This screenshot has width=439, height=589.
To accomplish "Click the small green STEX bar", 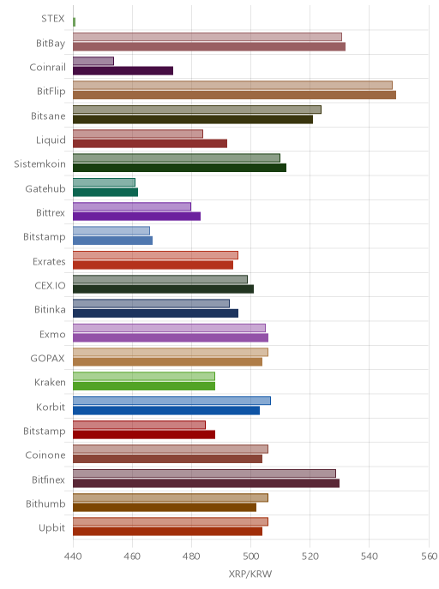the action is point(74,22).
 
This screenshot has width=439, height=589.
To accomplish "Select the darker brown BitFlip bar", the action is point(234,95).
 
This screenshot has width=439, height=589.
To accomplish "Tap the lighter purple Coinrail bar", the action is point(93,62).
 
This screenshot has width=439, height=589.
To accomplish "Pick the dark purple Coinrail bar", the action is point(123,70).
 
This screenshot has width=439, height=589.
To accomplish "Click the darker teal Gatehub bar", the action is point(105,193).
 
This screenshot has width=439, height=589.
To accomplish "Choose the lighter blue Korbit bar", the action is point(172,401).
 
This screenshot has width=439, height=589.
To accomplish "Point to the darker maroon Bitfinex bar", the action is point(206,484).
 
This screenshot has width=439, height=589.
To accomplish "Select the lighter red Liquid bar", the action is point(138,134).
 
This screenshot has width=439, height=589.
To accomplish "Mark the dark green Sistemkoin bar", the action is point(179,168).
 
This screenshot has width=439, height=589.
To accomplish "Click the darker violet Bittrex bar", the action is point(136,217).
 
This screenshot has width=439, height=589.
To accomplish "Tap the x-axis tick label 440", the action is point(73,556).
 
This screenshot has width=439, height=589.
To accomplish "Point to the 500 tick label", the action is point(250,556).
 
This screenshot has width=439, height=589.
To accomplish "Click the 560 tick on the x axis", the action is point(429,556).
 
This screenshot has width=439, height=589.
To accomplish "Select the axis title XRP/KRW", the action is point(250,574).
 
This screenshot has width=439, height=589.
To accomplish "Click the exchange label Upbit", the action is point(52,528).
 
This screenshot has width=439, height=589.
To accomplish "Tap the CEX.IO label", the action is point(50,286).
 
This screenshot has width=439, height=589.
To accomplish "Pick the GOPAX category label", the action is point(47,359).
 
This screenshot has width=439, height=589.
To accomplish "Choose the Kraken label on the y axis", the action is point(50,383).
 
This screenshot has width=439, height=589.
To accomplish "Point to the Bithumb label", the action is point(45,503).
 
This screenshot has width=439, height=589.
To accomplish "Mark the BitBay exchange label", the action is point(51,44).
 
